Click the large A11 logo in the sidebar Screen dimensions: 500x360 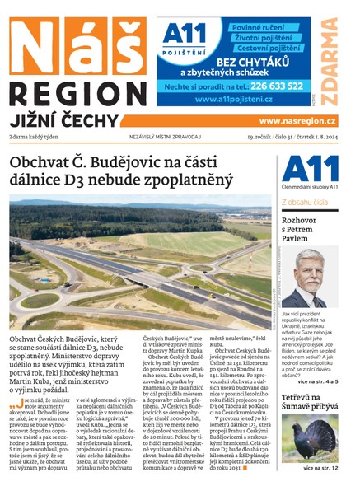pos(310,168)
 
